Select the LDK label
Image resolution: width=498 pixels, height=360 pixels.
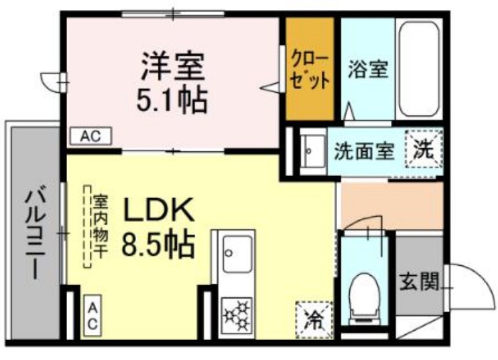point(160,211)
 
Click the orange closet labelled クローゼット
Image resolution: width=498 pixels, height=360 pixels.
point(310,70)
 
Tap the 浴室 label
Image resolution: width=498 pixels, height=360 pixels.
point(368,70)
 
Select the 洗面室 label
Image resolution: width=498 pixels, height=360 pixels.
point(364,151)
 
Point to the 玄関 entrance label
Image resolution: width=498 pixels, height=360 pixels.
point(417,283)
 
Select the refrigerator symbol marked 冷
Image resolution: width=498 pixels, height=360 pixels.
point(312,317)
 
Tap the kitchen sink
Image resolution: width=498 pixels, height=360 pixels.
point(237,254)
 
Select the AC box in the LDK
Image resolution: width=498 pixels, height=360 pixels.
point(92,315)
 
